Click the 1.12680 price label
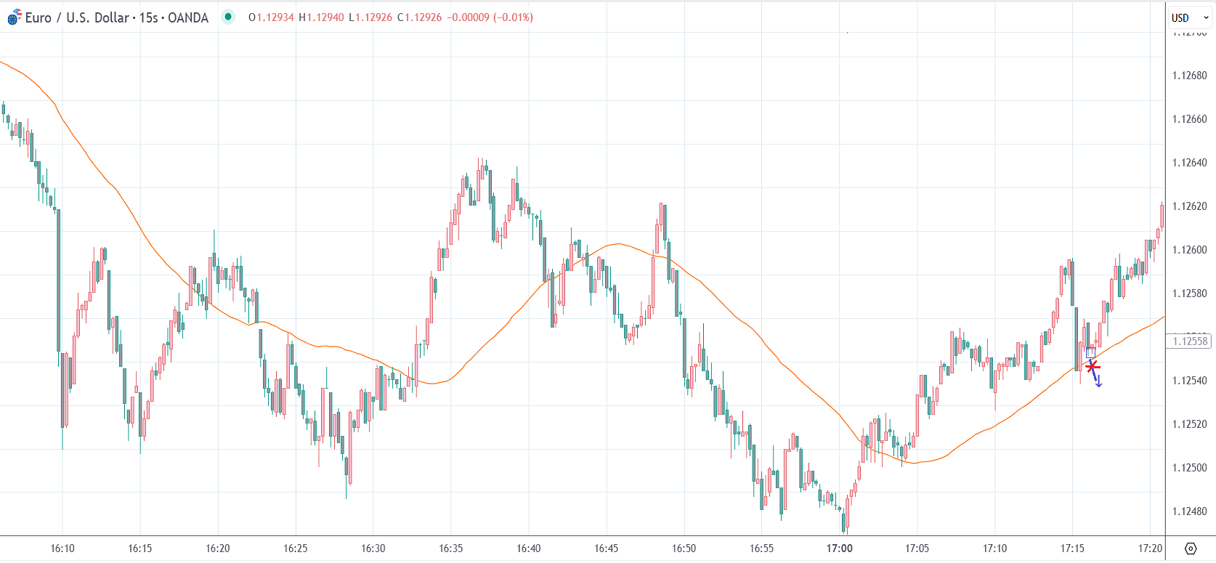(x=1189, y=76)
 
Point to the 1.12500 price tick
(x=1189, y=468)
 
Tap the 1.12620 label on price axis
(x=1189, y=206)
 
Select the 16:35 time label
(x=450, y=548)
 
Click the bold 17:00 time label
(x=839, y=548)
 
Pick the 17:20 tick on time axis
(x=1150, y=548)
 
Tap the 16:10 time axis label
(x=62, y=548)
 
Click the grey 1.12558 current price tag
(x=1189, y=341)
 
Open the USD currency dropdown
(x=1189, y=17)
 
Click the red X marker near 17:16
(x=1093, y=367)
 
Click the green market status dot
(x=228, y=17)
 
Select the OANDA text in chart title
(x=188, y=17)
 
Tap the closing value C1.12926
(x=419, y=17)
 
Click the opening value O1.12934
(x=271, y=17)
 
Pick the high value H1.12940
(x=321, y=17)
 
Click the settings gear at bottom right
(x=1190, y=548)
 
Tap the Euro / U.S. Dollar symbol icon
(x=14, y=17)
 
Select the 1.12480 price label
(x=1189, y=511)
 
